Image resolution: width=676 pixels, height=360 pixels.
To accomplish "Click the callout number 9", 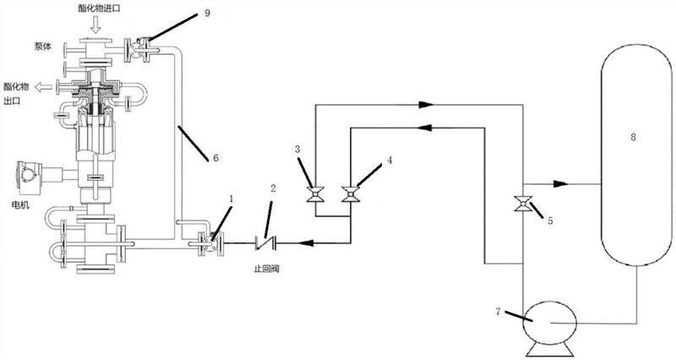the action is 207,13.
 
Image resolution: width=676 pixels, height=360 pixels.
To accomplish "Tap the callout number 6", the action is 215,158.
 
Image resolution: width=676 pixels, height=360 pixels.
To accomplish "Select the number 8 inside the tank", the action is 633,137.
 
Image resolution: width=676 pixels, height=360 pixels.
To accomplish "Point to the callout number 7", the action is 498,312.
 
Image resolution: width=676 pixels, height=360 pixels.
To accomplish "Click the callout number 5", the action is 550,221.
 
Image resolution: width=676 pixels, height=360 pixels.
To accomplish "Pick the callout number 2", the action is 273,188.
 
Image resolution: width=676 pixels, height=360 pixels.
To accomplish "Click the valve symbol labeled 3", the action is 315,195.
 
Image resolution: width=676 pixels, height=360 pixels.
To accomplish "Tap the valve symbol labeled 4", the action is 351,194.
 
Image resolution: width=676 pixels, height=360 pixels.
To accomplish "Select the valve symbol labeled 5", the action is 523,204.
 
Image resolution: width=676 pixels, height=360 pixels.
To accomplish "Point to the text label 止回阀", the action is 266,269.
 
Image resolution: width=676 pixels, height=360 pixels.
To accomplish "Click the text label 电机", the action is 20,205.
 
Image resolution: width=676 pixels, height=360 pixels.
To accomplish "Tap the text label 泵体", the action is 43,46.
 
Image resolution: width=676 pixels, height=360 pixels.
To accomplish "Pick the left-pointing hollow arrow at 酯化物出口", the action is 43,88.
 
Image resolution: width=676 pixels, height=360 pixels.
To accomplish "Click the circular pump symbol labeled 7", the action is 550,323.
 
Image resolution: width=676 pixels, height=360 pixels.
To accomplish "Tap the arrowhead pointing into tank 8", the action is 560,184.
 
